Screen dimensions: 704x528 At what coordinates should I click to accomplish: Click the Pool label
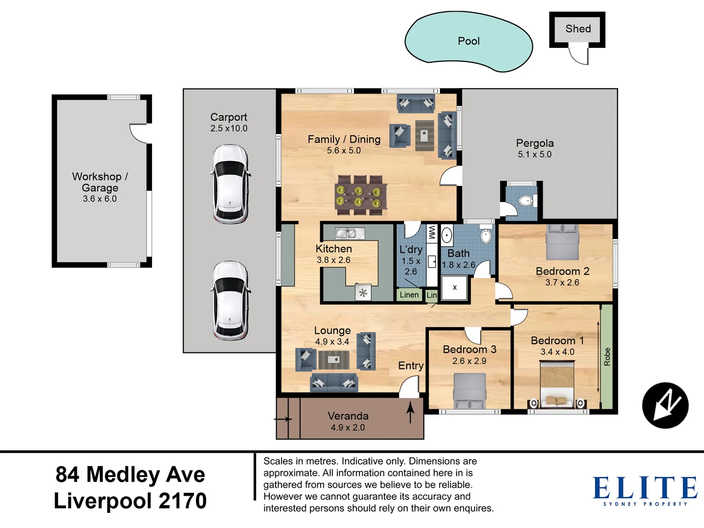point(468,41)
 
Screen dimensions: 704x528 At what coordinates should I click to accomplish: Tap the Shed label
point(578,28)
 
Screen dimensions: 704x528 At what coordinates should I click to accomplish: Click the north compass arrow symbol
point(665,405)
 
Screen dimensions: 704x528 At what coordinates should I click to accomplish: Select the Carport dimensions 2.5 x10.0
point(229,128)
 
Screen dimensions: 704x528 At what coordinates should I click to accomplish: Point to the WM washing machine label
point(432,232)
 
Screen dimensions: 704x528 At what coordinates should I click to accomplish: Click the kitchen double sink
point(350,233)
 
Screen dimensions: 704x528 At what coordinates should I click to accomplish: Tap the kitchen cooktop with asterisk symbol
point(363,292)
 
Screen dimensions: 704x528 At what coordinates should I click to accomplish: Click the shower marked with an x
point(454,288)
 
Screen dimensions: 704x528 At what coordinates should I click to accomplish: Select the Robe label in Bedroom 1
point(607,356)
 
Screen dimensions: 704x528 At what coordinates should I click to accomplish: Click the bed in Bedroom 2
point(562,242)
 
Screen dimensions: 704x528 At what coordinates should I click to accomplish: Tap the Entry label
point(411,366)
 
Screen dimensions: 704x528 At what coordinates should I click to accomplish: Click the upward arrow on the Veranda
point(410,413)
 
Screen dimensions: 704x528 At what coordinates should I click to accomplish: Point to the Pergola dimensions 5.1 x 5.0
point(535,154)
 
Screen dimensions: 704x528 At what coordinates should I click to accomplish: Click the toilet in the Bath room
point(485,234)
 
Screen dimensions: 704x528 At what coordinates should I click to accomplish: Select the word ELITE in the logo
point(645,487)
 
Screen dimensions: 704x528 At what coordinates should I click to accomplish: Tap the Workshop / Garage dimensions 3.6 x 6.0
point(100,199)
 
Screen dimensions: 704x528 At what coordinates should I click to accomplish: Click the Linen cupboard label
point(409,295)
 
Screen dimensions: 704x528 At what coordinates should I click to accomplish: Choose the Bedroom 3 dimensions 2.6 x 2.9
point(469,361)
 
